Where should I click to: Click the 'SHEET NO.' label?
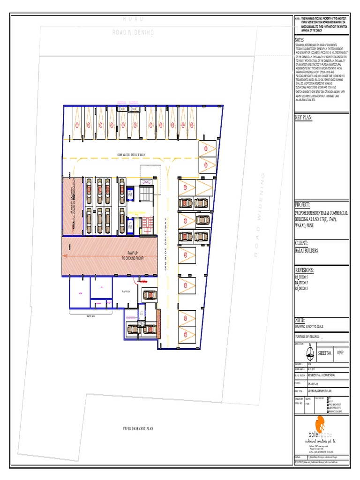325,353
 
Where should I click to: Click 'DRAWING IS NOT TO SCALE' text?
309,326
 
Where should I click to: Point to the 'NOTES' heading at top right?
300,40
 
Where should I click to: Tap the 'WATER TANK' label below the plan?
85,315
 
